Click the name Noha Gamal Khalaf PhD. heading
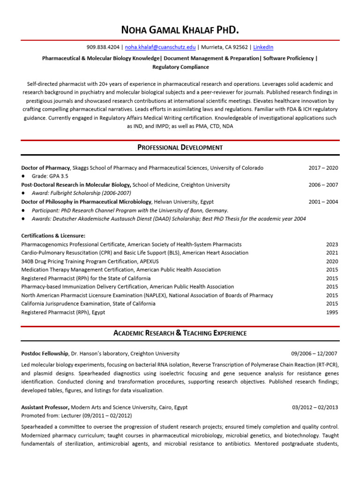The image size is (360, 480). tap(180, 31)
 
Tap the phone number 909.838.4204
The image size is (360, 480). tap(103, 47)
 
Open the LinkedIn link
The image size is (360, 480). tap(263, 47)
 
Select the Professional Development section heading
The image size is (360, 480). tap(180, 147)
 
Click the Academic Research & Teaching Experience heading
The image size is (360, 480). tap(180, 333)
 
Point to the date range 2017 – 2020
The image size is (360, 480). tap(323, 168)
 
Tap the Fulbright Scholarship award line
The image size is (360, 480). tap(81, 193)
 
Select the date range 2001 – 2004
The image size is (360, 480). tap(323, 202)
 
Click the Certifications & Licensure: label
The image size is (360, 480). tap(53, 236)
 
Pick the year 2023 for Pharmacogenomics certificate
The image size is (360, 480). tap(332, 244)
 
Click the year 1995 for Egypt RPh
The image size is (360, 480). tap(332, 312)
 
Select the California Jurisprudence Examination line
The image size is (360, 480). tap(88, 304)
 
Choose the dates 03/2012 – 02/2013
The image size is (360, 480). tap(315, 407)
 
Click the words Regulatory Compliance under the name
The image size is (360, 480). tap(180, 67)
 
